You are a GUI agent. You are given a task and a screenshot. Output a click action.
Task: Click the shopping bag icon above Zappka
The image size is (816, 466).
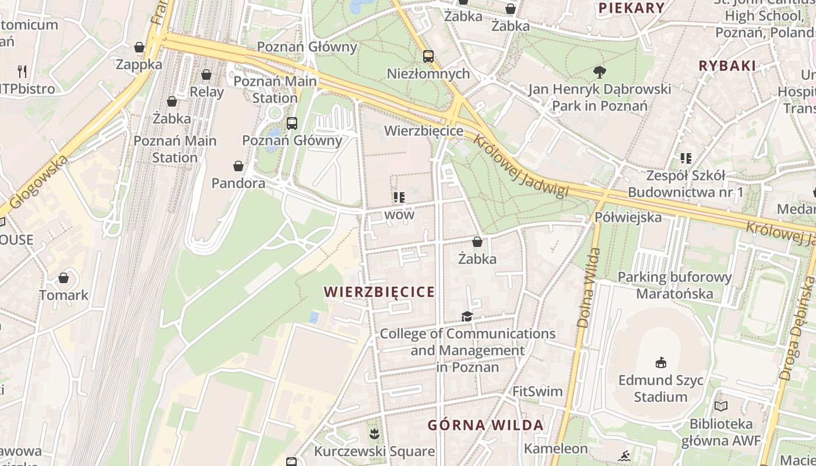point(139,47)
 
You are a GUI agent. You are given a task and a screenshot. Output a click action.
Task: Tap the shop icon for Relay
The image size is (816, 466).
point(206,75)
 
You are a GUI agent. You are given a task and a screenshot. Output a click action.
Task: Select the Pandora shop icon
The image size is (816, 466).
point(238,167)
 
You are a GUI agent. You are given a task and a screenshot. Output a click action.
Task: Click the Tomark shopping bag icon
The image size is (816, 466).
point(64,278)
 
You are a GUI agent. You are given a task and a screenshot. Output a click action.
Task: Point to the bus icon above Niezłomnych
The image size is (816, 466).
point(428,57)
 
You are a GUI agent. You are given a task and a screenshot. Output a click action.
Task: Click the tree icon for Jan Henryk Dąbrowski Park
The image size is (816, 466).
point(599,72)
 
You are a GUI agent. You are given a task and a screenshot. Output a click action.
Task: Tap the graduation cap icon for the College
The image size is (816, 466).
point(467,316)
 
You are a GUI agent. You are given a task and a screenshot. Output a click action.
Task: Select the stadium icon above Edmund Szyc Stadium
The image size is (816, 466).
point(660,363)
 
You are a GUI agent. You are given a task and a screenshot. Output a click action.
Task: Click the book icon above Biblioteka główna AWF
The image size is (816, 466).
point(721,406)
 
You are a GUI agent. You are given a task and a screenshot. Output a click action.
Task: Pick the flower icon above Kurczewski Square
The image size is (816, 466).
point(374,433)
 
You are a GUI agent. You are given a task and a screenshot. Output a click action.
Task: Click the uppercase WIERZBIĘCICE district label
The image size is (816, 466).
point(379,292)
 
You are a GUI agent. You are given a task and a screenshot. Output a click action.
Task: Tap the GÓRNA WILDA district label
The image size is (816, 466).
point(486,425)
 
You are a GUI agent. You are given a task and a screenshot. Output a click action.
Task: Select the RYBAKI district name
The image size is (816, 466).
point(727,66)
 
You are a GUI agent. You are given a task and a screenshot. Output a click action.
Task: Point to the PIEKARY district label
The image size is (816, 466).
point(632,8)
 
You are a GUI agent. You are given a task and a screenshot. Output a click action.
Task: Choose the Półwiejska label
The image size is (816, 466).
point(628,217)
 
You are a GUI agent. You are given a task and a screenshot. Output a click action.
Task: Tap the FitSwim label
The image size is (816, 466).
point(537,391)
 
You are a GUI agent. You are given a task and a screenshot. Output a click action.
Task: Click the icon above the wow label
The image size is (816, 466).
point(399,197)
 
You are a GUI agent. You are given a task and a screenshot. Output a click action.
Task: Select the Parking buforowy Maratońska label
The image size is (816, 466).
point(674,285)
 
